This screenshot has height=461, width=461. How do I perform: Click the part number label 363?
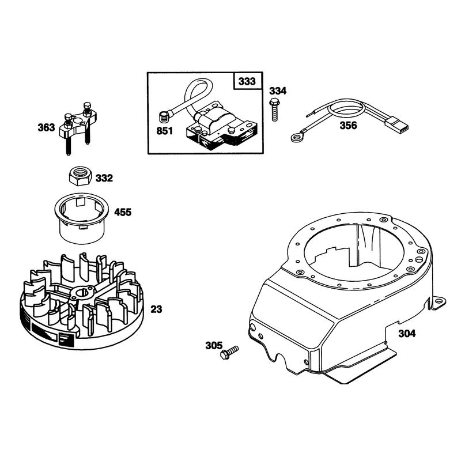pyautogui.click(x=46, y=127)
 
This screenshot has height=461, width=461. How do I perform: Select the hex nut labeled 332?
pyautogui.click(x=80, y=176)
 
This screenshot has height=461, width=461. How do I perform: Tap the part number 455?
pyautogui.click(x=123, y=212)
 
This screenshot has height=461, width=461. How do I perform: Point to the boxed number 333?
pyautogui.click(x=247, y=81)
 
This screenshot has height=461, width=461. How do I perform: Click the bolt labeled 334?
pyautogui.click(x=274, y=109)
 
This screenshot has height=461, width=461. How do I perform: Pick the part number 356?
pyautogui.click(x=348, y=126)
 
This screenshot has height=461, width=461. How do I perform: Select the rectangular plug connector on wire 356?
pyautogui.click(x=397, y=127)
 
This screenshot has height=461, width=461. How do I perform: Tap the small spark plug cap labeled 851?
pyautogui.click(x=165, y=118)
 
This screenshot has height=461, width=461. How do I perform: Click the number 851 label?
pyautogui.click(x=165, y=131)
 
